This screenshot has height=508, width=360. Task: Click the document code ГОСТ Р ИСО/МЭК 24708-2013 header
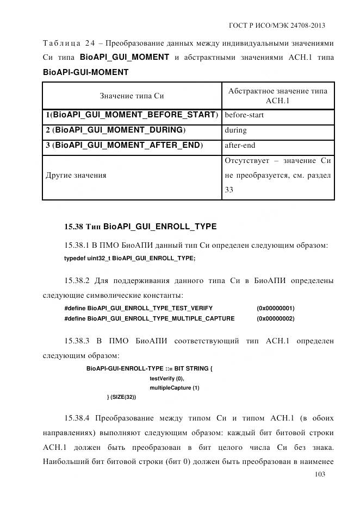pos(277,26)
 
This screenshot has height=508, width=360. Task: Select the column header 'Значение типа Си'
pos(132,96)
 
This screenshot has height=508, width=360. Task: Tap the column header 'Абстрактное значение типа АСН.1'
pos(278,96)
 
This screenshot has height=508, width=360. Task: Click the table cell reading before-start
pos(244,115)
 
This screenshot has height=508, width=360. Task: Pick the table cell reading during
pos(235,130)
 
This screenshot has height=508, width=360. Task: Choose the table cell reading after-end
pos(240,146)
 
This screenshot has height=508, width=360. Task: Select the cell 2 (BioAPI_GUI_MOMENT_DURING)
pos(116,130)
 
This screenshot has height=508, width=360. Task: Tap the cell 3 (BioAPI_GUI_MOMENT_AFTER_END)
pos(125,146)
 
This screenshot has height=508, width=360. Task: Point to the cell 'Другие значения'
pos(76,175)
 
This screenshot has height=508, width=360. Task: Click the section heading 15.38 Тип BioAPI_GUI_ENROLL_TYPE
pos(140,226)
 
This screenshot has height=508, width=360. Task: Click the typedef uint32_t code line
pos(129,259)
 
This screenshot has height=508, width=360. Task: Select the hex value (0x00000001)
pos(275,308)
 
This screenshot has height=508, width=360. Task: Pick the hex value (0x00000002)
pos(275,318)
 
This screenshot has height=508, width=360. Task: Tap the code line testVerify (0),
pos(167,378)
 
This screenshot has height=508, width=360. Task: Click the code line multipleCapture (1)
pos(175,388)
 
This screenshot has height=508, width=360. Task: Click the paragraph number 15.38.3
pos(79,341)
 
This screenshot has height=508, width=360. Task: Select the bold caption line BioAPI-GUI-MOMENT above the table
pos(85,72)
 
